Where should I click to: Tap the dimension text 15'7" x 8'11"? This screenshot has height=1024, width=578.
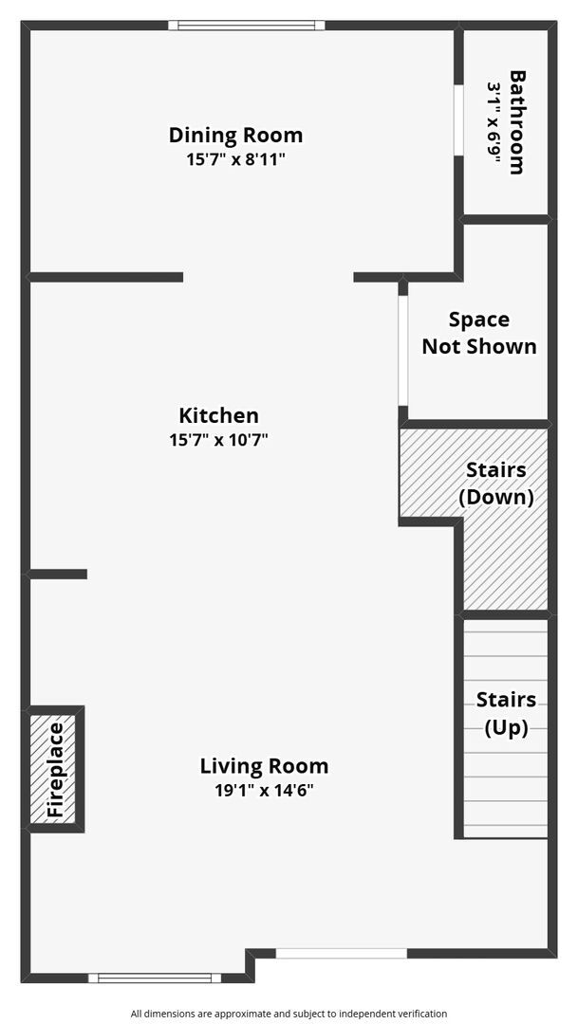coord(235,159)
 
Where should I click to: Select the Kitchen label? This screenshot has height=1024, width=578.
coord(218,415)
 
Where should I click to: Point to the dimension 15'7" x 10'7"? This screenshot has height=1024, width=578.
coord(218,440)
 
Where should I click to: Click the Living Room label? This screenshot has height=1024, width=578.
coord(264,765)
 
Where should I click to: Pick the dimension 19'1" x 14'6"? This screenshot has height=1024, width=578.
coord(264,790)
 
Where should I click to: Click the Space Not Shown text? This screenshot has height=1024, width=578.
coord(479,333)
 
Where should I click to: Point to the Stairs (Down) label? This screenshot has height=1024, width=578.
coord(495,484)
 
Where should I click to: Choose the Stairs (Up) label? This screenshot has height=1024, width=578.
coord(506,713)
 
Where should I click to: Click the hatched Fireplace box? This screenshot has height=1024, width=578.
coord(55,769)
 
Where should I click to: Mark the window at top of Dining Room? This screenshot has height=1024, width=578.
coord(247,26)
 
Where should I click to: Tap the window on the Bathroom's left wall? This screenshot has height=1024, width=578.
coord(457,120)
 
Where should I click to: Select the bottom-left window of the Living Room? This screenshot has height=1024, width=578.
coord(155,978)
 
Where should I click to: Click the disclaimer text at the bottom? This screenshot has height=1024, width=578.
coord(289,1014)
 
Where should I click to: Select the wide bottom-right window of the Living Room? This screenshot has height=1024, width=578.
coord(341,953)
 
